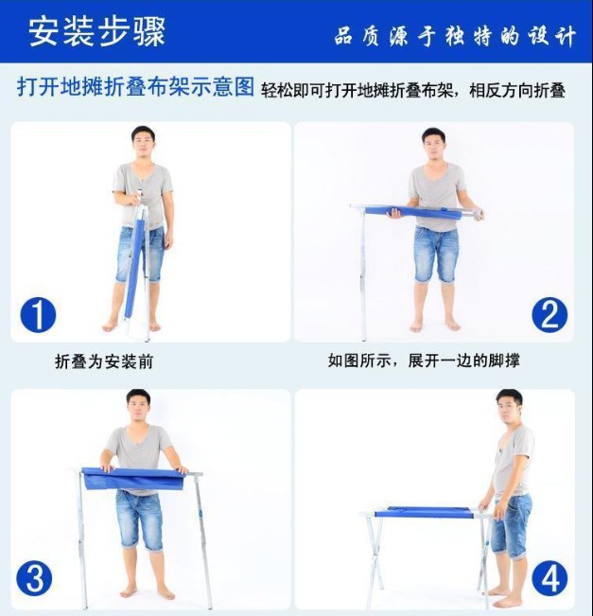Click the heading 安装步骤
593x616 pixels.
click(96, 31)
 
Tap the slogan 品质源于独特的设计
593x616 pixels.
click(454, 37)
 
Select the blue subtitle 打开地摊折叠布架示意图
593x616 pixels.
click(136, 88)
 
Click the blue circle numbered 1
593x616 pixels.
click(38, 314)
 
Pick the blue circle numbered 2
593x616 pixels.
click(549, 313)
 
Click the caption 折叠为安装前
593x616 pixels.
click(104, 361)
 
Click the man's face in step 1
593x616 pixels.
click(142, 145)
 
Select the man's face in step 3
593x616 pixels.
click(138, 408)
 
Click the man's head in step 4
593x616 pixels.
click(509, 408)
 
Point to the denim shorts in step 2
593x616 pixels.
click(436, 253)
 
